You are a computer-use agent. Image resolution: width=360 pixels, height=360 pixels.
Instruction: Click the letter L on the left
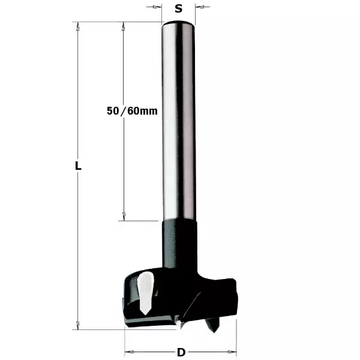click(x=78, y=166)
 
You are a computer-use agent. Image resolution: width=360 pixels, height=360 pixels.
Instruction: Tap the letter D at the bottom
click(x=180, y=352)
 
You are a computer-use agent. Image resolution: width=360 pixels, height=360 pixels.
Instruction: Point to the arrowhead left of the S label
click(x=158, y=8)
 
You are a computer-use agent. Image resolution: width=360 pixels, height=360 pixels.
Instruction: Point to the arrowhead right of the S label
click(x=199, y=8)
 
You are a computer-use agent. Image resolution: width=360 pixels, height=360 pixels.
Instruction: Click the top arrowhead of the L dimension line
click(x=77, y=26)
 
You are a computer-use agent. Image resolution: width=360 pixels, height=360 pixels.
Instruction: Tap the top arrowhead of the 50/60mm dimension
click(x=124, y=26)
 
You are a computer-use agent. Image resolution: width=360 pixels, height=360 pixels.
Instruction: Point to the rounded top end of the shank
click(x=178, y=24)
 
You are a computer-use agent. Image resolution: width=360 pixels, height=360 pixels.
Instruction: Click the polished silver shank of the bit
click(x=178, y=120)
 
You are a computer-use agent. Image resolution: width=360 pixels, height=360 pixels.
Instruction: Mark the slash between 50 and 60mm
click(x=124, y=111)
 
